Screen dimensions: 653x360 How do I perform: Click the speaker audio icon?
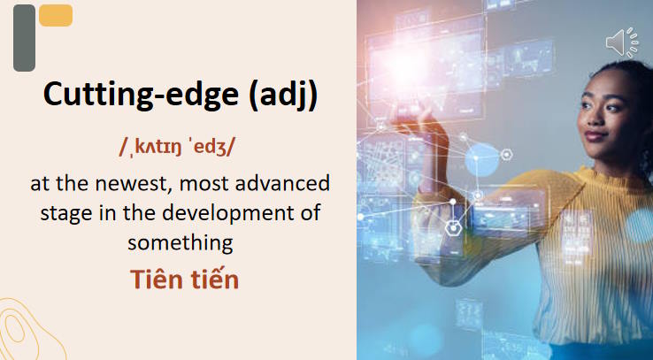point(622,42)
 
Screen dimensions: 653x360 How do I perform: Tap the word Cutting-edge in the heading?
point(141,96)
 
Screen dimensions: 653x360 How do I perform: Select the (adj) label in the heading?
point(283,96)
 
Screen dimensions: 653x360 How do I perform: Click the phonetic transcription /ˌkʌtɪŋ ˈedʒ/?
point(177,148)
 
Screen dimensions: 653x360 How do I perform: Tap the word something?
point(180,244)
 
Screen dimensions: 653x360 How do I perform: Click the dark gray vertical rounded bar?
point(24,38)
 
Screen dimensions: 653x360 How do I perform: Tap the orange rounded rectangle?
point(56,15)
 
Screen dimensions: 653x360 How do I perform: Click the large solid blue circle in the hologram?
point(482,159)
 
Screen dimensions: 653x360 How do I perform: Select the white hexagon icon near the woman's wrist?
point(453,227)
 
